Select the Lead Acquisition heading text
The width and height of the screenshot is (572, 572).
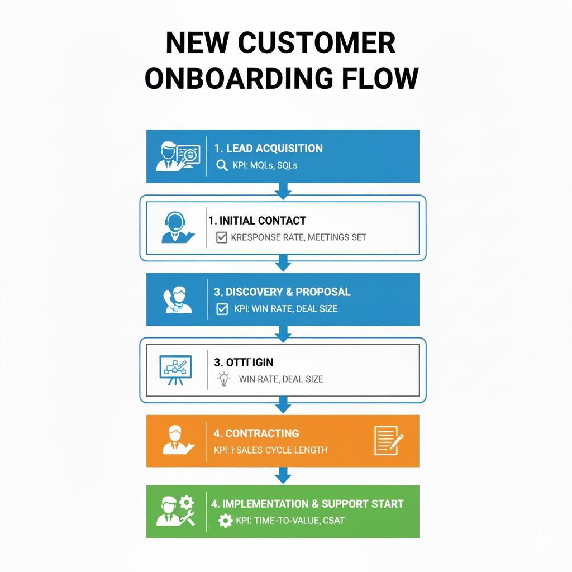(268, 149)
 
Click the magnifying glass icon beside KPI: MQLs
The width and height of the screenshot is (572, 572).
(222, 165)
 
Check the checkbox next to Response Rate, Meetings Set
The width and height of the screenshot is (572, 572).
(221, 237)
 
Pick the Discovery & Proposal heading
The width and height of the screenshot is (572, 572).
(282, 292)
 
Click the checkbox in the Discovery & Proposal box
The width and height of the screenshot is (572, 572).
(222, 308)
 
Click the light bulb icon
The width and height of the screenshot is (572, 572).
(223, 379)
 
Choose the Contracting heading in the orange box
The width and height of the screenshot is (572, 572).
(256, 433)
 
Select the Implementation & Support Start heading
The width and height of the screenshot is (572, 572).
(307, 503)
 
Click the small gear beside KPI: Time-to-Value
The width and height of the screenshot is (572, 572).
(225, 521)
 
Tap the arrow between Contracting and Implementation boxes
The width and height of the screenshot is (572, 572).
(283, 475)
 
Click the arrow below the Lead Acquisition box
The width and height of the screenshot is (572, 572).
(283, 191)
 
